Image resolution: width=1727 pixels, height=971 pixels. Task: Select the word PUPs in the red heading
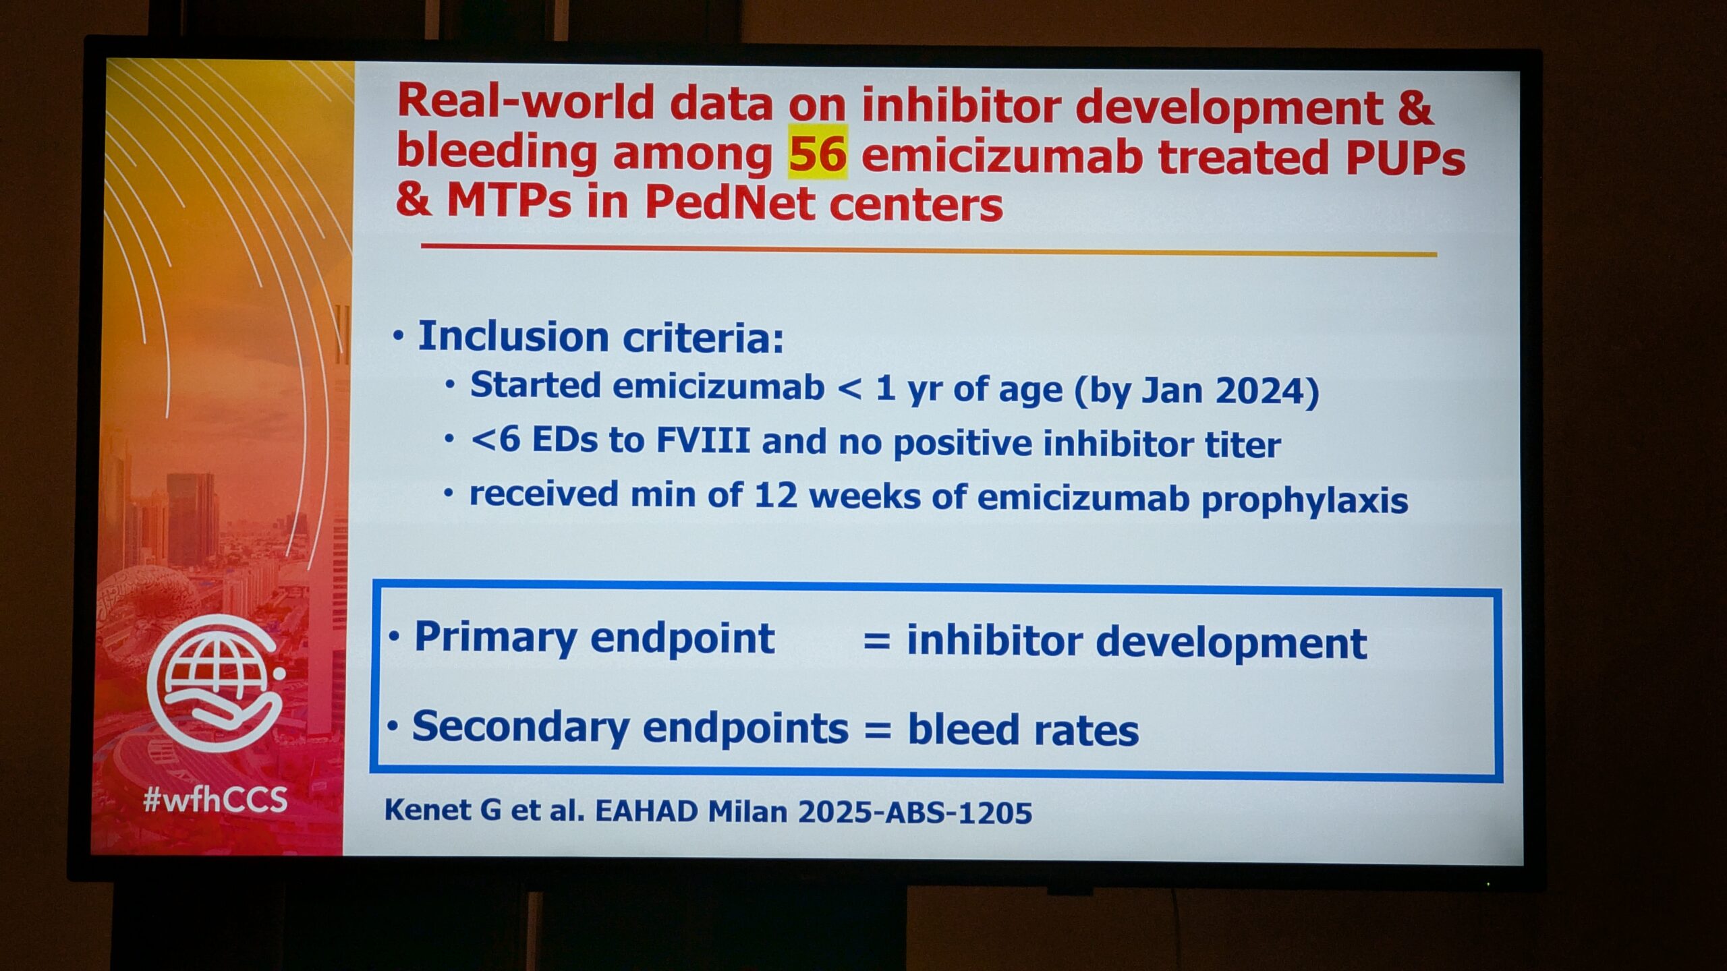click(x=1405, y=158)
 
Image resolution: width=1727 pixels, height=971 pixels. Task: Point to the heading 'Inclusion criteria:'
click(x=600, y=336)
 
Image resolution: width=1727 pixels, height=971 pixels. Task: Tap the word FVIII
click(x=703, y=441)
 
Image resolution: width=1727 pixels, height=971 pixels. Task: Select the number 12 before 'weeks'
click(x=774, y=495)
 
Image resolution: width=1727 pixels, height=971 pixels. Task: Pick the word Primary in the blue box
click(x=495, y=638)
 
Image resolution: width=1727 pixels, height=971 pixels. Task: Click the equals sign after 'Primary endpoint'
click(x=876, y=641)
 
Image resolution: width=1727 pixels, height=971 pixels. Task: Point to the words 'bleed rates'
click(x=1023, y=730)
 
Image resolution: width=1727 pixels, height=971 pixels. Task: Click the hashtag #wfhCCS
click(x=215, y=800)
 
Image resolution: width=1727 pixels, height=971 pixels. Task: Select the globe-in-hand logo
click(x=215, y=682)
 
